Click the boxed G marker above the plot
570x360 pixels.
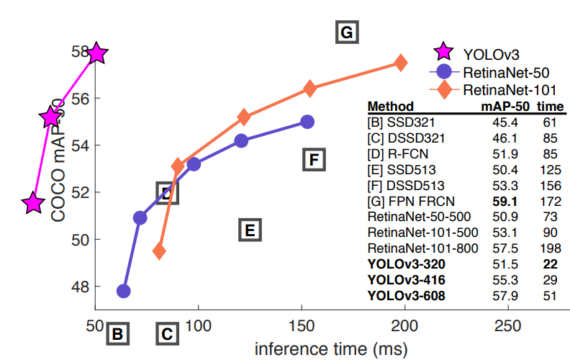click(347, 32)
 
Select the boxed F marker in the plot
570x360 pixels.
click(313, 159)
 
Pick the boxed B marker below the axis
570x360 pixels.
click(118, 333)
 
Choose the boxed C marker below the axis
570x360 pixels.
click(166, 333)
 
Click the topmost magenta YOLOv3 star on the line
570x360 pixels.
click(96, 53)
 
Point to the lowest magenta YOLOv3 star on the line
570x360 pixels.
click(33, 204)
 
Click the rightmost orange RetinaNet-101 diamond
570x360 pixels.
click(401, 63)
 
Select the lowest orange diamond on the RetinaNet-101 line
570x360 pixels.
click(160, 251)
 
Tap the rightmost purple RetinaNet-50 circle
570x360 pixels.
click(307, 122)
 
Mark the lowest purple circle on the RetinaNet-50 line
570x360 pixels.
click(123, 291)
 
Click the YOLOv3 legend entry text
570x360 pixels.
click(492, 53)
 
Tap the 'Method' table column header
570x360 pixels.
click(390, 107)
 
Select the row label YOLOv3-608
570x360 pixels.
click(406, 296)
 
